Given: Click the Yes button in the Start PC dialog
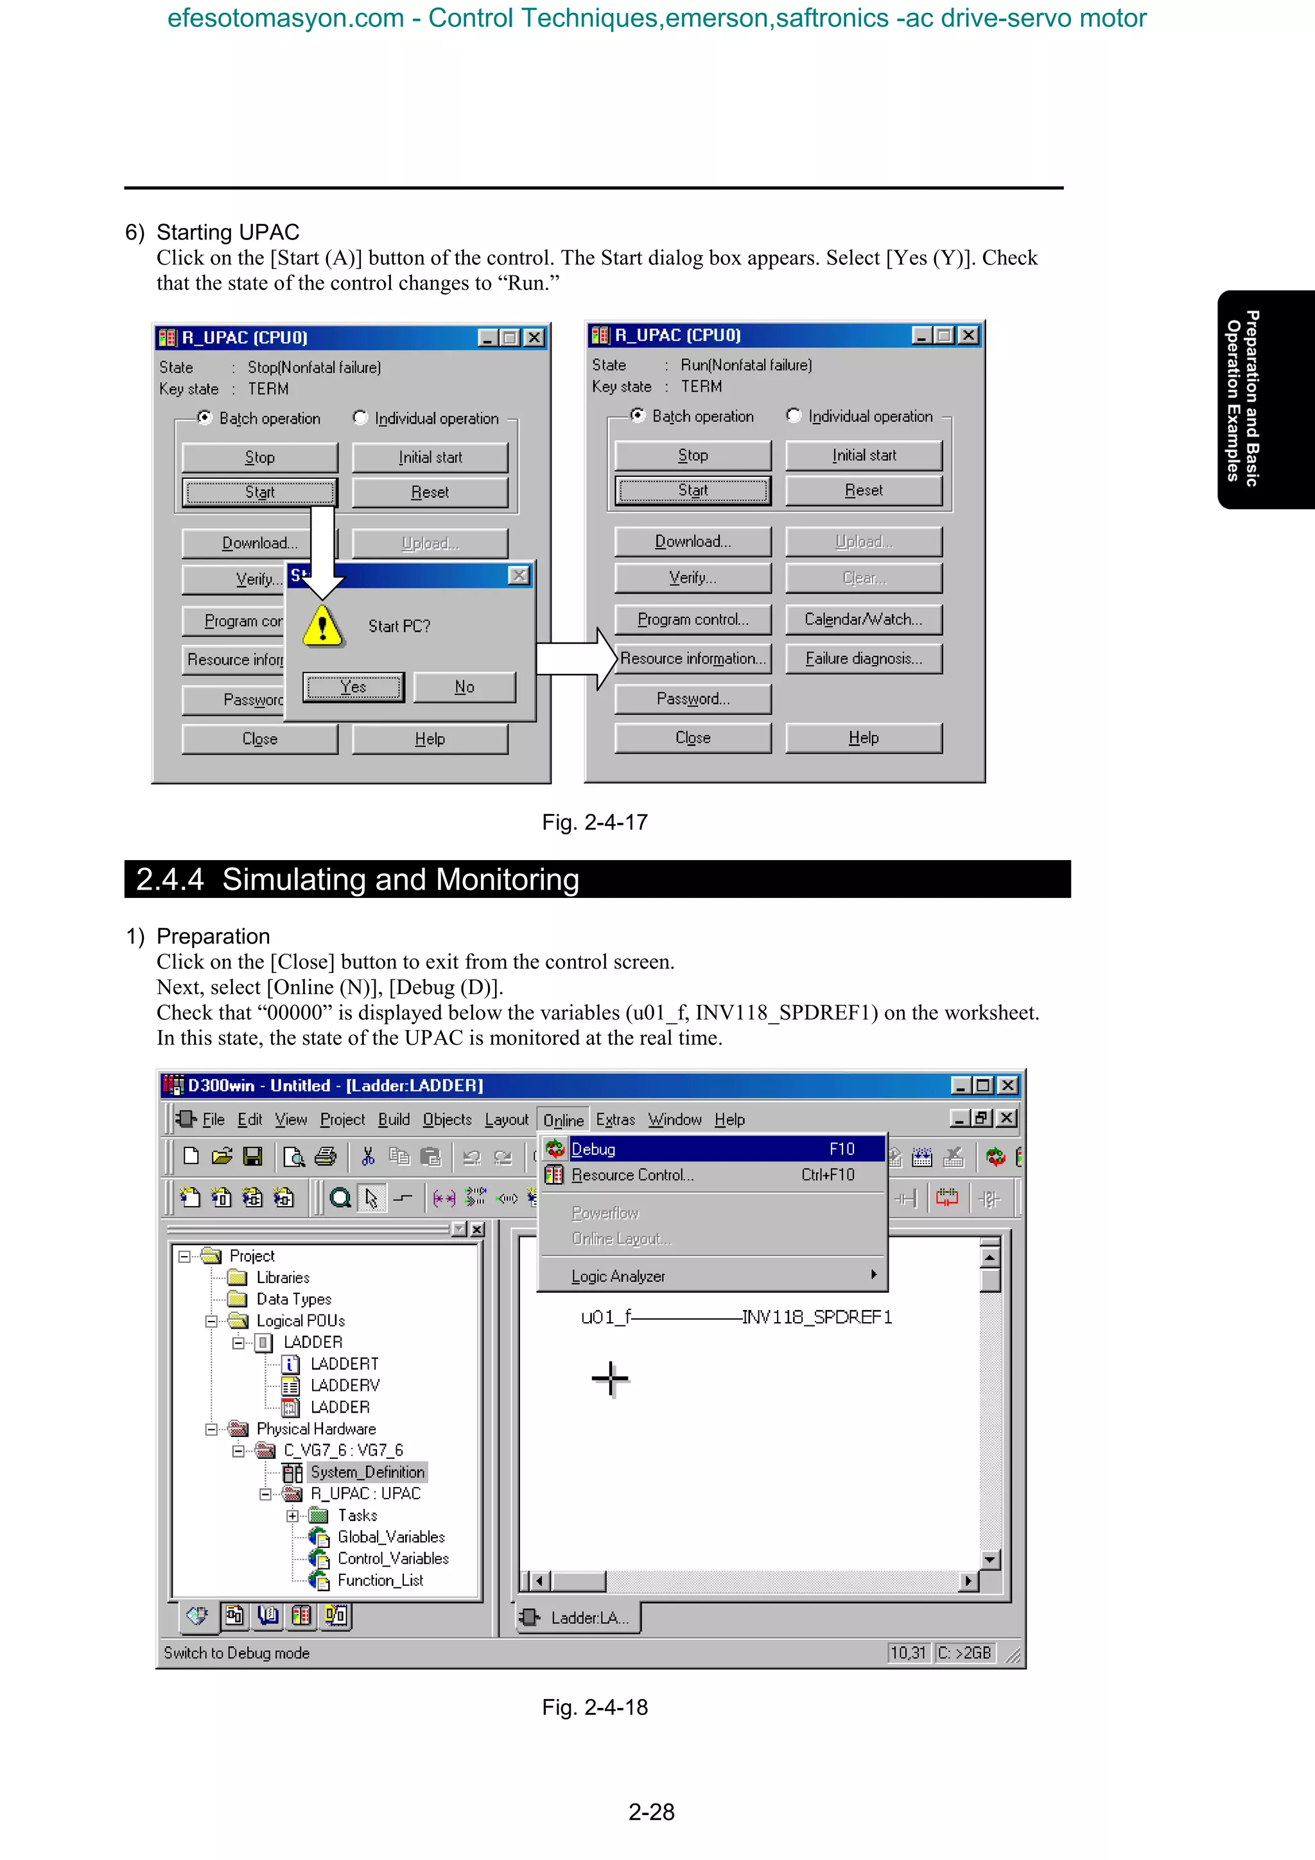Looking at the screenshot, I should tap(353, 687).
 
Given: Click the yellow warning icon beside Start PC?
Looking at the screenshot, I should tap(322, 625).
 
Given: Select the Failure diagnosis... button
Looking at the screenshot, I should tap(864, 659).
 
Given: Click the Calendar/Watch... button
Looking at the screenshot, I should tap(864, 620).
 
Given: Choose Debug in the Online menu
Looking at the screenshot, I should tap(594, 1150).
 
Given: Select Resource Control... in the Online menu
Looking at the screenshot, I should tap(632, 1175).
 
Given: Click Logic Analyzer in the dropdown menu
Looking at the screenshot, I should tap(618, 1277).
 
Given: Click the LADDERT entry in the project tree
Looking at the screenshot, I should tap(344, 1365).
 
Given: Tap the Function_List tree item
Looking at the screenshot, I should tap(380, 1581).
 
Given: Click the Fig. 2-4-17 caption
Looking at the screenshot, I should tap(595, 822).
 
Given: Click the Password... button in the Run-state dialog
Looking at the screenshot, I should tap(693, 699).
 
